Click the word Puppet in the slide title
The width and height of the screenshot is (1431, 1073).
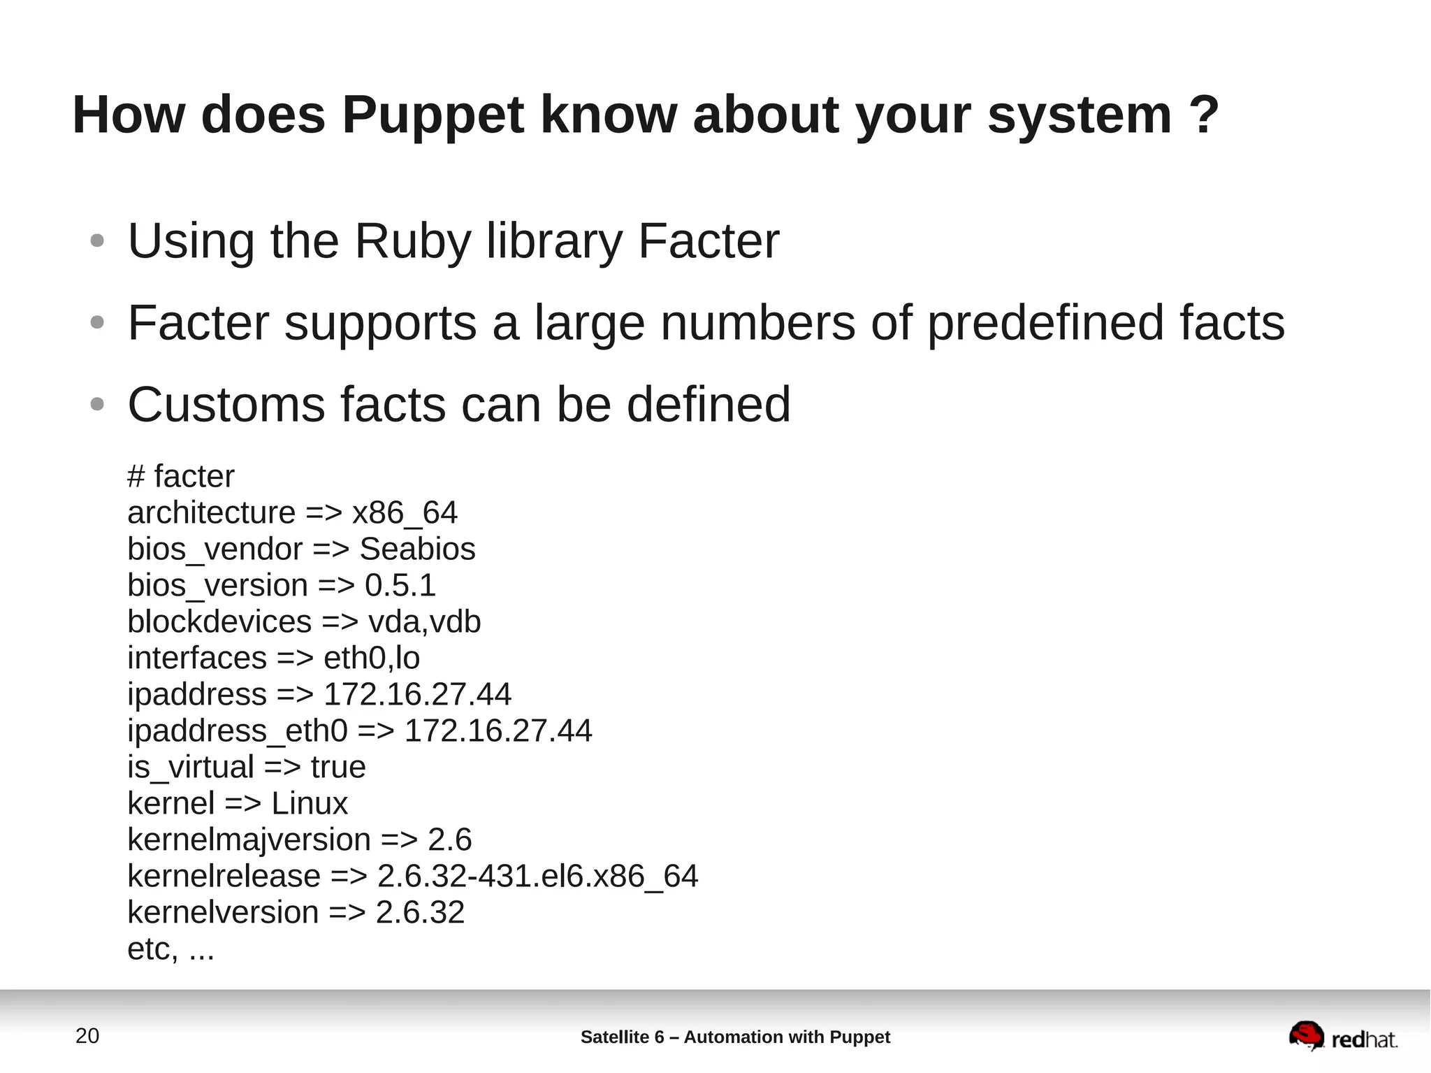[x=433, y=115]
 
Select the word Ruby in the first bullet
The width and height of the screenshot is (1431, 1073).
[x=413, y=241]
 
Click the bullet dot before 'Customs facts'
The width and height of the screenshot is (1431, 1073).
[x=97, y=404]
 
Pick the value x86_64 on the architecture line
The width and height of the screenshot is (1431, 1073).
[x=405, y=513]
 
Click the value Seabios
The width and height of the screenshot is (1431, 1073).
[x=417, y=549]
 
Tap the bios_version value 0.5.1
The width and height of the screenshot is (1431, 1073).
[x=400, y=586]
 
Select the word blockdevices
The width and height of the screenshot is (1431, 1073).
[x=219, y=622]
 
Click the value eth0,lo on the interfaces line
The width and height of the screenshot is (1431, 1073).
[x=371, y=658]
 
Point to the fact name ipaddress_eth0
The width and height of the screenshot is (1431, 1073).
[x=237, y=731]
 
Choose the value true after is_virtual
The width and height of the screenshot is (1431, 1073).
[x=338, y=768]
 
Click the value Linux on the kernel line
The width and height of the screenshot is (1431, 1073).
[x=309, y=804]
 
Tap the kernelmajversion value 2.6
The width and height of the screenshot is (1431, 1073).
[x=449, y=840]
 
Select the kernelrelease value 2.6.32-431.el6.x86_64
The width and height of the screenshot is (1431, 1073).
[x=537, y=877]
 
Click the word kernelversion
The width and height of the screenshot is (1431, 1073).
[x=223, y=913]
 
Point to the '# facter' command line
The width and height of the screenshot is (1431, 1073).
[x=180, y=477]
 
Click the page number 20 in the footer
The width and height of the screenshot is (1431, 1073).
[x=87, y=1036]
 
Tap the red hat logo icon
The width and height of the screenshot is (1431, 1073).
[x=1306, y=1035]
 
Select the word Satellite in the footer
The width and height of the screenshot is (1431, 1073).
[x=615, y=1037]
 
